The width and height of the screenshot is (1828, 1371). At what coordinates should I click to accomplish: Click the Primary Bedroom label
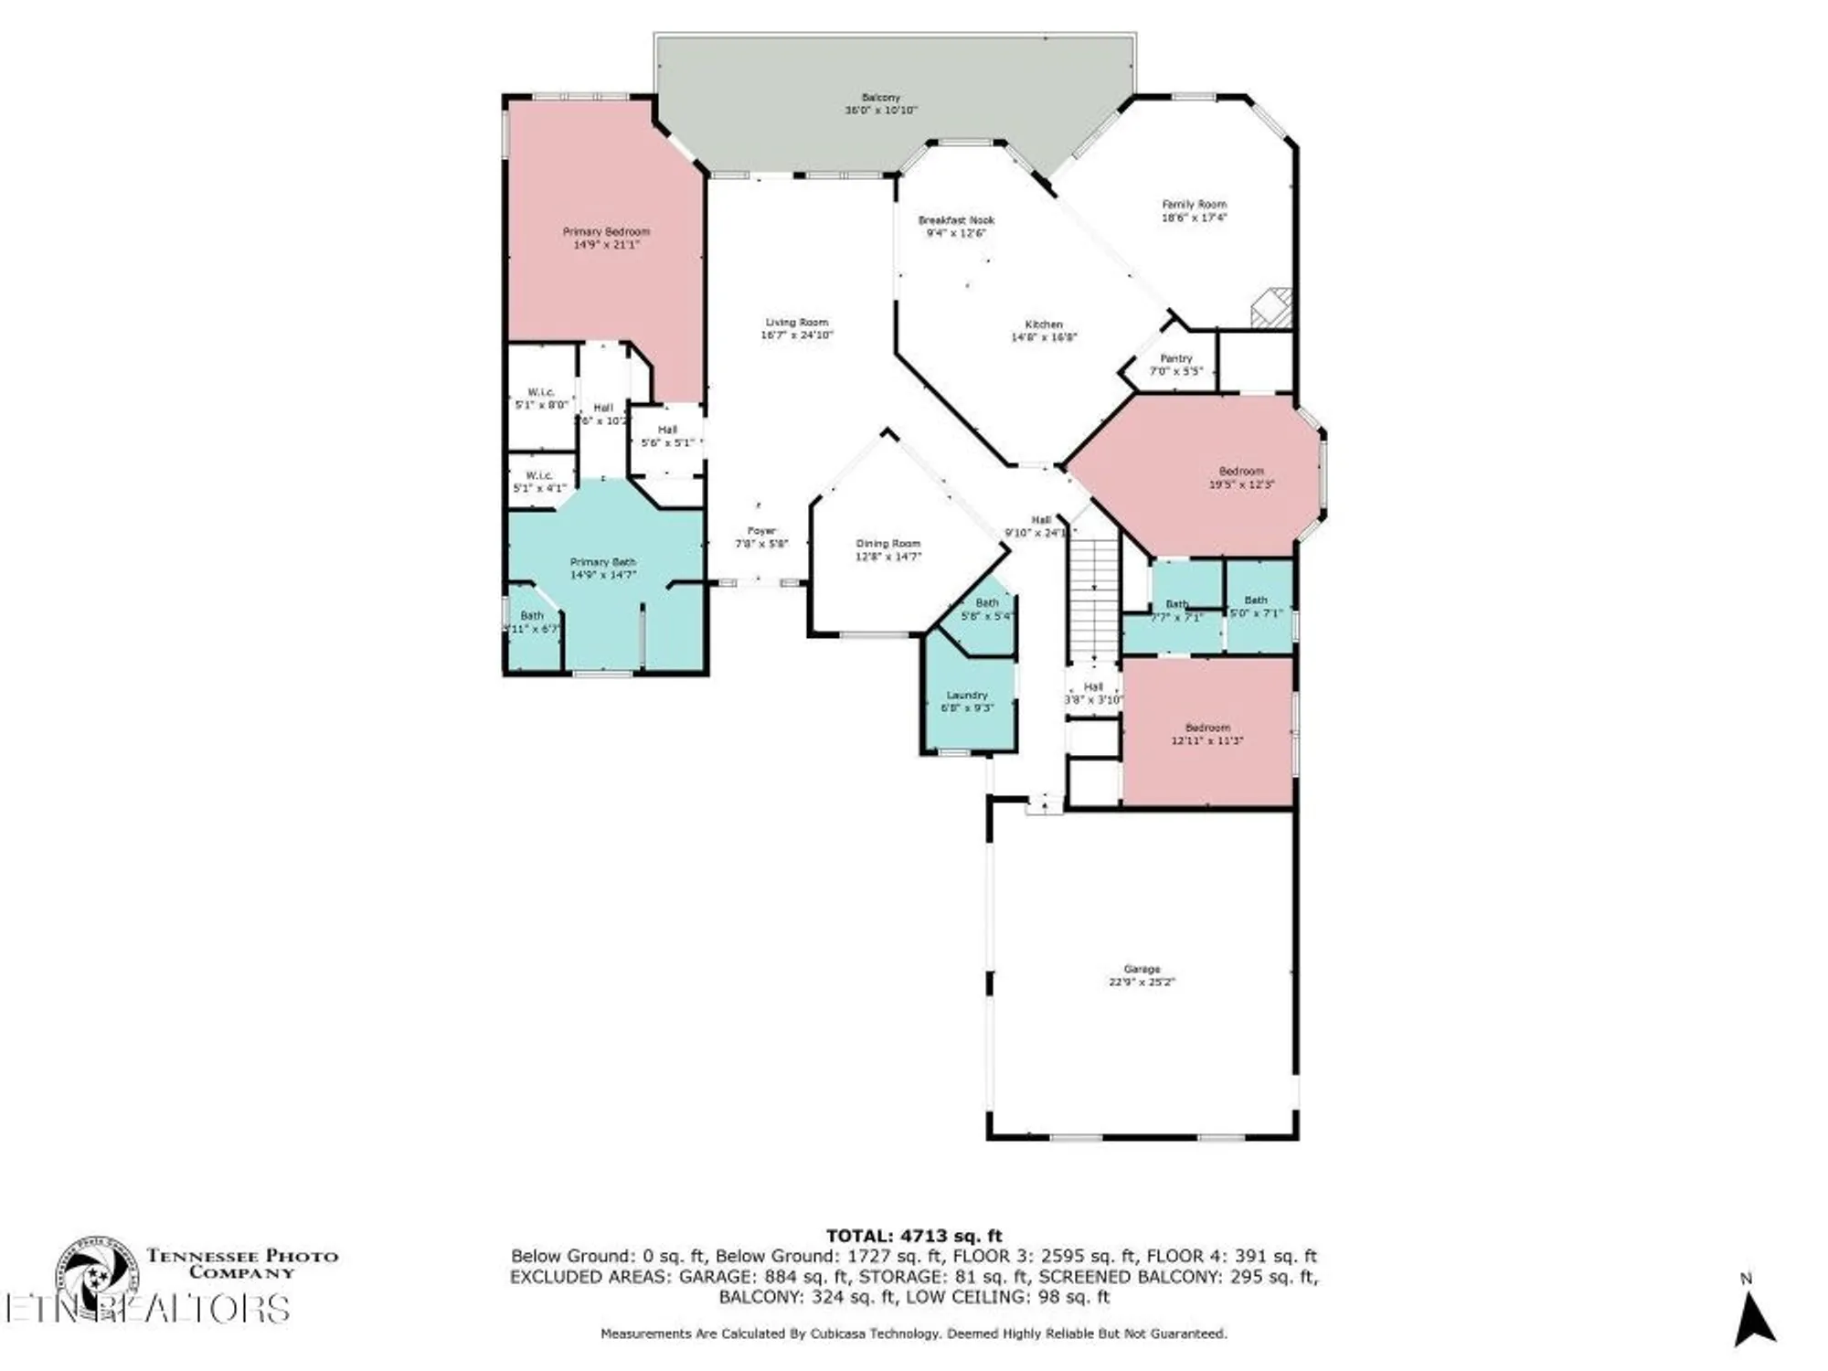click(606, 232)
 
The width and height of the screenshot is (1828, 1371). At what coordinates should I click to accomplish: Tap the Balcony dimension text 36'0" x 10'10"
click(881, 110)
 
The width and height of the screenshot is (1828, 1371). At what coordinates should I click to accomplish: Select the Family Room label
click(1194, 205)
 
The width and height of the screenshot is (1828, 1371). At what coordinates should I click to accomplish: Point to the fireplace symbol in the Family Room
click(1271, 308)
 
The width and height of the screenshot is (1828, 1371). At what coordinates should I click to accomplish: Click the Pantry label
click(1176, 358)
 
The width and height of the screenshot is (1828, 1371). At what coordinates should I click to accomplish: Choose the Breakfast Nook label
click(956, 220)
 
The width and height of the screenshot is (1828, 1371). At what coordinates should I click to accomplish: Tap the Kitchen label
click(1044, 324)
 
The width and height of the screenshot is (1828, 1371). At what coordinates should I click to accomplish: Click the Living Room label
click(797, 323)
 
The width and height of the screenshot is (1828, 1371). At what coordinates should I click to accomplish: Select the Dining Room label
click(888, 544)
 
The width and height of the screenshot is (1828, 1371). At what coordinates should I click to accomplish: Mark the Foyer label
click(761, 531)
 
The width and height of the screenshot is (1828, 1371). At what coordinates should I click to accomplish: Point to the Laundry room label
click(967, 696)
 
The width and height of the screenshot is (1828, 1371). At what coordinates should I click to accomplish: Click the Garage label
click(1142, 969)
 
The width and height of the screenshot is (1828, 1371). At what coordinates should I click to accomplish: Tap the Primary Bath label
click(603, 562)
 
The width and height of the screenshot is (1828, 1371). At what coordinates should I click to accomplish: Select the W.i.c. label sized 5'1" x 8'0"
click(541, 393)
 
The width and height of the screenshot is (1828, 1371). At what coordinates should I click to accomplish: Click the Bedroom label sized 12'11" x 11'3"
click(1207, 728)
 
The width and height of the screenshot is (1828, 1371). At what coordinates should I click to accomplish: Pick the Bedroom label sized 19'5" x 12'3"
click(1241, 472)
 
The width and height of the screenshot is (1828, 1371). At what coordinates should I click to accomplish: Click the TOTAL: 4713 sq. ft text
click(914, 1237)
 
